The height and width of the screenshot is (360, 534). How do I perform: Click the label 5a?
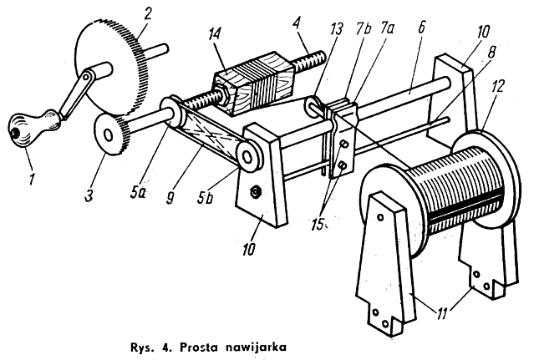click(138, 191)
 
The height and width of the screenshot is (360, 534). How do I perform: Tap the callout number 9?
click(170, 197)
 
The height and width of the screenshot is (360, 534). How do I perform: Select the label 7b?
click(364, 30)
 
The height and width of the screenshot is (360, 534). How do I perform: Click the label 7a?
click(387, 29)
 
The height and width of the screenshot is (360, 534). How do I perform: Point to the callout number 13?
click(336, 29)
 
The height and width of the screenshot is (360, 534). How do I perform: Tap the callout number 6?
click(421, 27)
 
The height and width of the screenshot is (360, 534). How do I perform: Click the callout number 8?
click(491, 52)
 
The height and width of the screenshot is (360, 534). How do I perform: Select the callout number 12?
click(497, 86)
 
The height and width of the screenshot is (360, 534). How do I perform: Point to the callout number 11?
click(442, 313)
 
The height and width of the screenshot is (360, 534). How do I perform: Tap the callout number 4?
click(297, 23)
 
